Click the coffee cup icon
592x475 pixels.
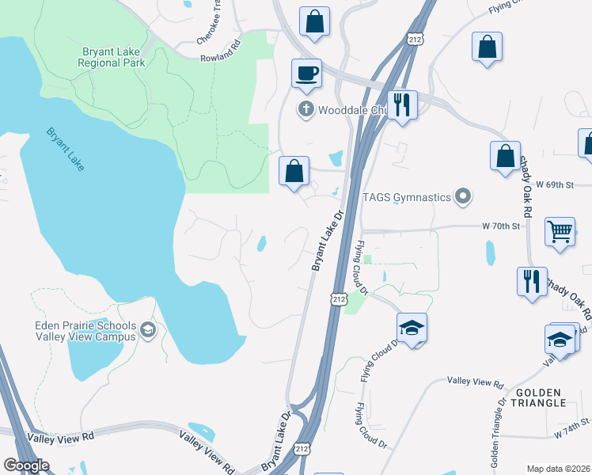click(x=306, y=74)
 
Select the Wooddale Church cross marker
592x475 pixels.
click(x=305, y=109)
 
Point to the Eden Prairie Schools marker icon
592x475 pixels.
click(x=147, y=330)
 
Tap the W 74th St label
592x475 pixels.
click(x=572, y=430)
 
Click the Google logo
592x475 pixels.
click(x=26, y=465)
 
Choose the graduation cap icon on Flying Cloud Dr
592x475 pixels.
click(x=412, y=327)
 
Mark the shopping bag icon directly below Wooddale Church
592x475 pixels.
click(x=294, y=171)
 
